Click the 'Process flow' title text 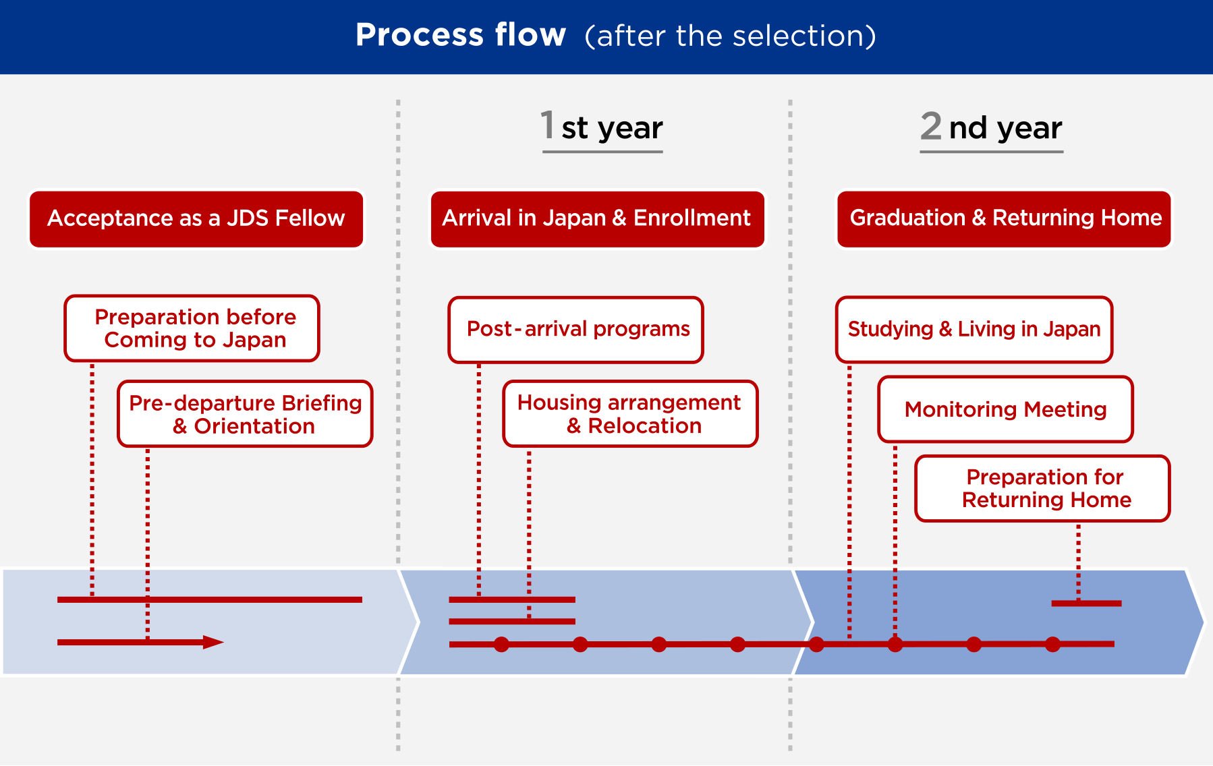[461, 35]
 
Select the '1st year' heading [602, 127]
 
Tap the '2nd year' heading [991, 127]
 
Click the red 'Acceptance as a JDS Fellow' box [196, 219]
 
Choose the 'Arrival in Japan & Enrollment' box [597, 219]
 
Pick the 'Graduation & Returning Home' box [1005, 219]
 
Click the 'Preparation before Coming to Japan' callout [192, 328]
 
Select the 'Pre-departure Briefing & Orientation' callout [246, 414]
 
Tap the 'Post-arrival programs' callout [575, 330]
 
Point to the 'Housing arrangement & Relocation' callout [631, 414]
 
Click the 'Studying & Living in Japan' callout [974, 330]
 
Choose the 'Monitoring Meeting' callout [1005, 409]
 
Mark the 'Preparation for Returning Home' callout [1043, 489]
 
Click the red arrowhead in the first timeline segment [213, 643]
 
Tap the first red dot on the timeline [501, 645]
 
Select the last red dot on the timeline [1052, 645]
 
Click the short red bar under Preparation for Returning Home [1086, 603]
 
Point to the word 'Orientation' [254, 426]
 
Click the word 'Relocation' [644, 426]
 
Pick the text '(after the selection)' [731, 36]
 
